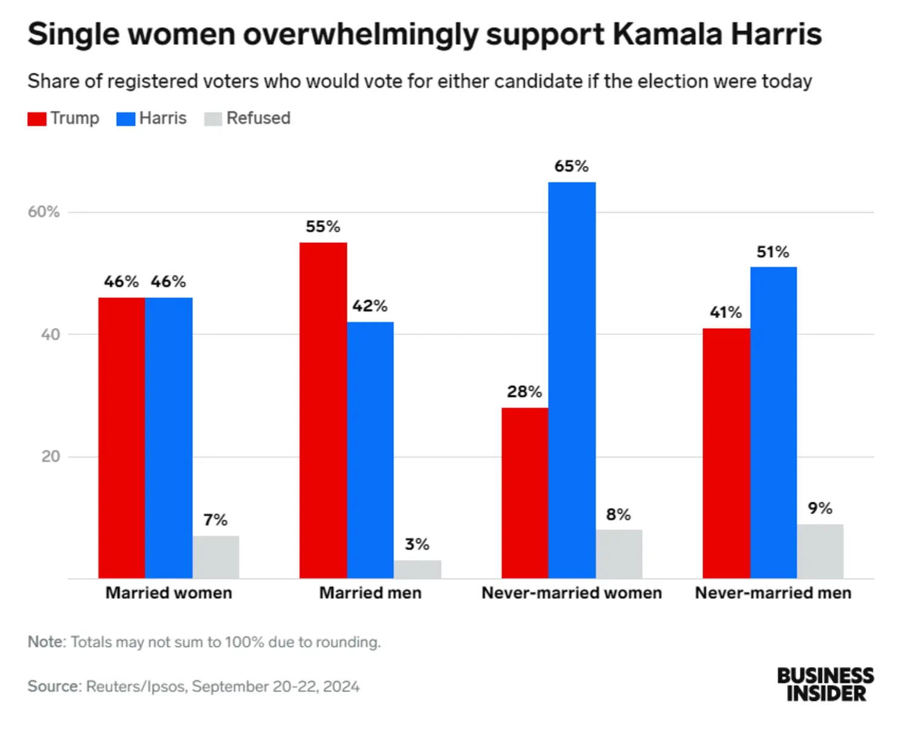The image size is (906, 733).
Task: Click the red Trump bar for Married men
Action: [x=323, y=411]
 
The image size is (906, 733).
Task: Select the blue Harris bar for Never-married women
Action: [x=571, y=381]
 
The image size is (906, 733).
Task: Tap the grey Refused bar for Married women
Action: [x=216, y=557]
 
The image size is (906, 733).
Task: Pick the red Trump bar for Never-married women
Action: [x=525, y=493]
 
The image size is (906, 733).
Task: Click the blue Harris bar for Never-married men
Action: [x=773, y=423]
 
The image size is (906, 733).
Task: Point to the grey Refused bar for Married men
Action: [x=417, y=569]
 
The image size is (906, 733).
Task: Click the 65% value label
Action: [x=571, y=166]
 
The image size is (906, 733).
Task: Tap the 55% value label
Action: [x=323, y=227]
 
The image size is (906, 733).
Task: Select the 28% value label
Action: [x=524, y=392]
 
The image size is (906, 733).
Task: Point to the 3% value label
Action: [x=417, y=544]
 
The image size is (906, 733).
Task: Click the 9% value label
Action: [x=820, y=508]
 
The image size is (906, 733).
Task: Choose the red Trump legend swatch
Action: [x=37, y=118]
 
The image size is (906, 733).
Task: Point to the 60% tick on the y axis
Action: [x=43, y=212]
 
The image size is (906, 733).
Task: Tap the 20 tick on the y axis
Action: [x=51, y=456]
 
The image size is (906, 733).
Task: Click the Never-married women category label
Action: [x=571, y=593]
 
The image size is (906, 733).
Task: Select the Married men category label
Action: [x=370, y=593]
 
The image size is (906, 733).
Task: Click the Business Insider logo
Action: [x=825, y=684]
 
